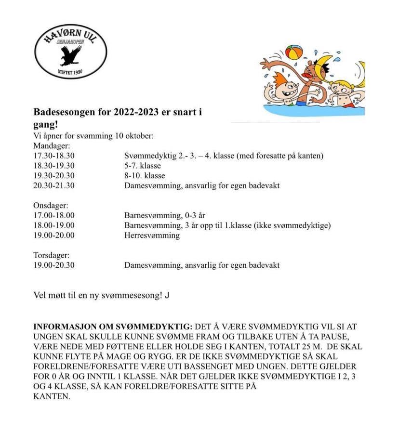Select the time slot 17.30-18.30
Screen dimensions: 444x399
pos(54,156)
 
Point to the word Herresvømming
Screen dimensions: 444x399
pos(152,235)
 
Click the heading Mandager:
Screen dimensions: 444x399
pos(52,146)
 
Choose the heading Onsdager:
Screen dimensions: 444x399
pos(51,206)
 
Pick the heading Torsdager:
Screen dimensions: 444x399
pos(52,255)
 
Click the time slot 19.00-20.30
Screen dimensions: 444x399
pos(54,265)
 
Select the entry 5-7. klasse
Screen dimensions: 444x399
pos(143,166)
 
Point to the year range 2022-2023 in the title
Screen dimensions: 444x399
pos(137,113)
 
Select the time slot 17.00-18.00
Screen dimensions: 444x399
pos(54,216)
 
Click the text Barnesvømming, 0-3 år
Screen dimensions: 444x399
pos(165,216)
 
